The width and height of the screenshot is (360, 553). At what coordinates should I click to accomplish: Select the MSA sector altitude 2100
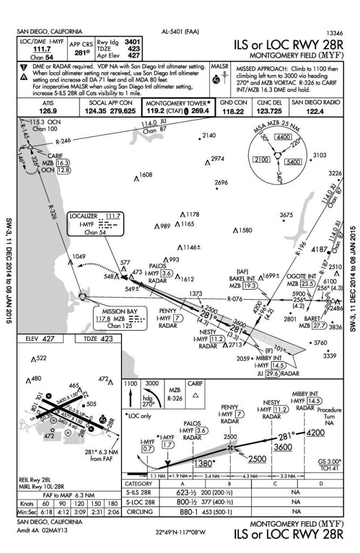[262, 160]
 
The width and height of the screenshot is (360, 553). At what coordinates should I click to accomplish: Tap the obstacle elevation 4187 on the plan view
[319, 249]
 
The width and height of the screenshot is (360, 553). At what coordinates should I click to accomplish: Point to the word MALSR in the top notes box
[220, 65]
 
